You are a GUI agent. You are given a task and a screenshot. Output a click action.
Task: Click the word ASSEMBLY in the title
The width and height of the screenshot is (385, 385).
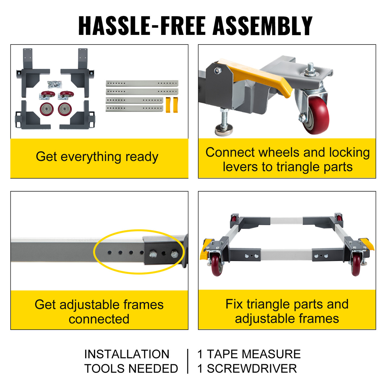coord(263,26)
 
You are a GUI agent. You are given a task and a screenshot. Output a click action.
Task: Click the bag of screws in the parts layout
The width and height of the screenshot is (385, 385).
coord(54,84)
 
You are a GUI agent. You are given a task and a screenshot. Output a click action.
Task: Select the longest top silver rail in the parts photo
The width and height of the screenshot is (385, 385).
coord(142,83)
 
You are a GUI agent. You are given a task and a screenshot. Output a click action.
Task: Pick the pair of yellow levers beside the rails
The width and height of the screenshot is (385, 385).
coord(172,105)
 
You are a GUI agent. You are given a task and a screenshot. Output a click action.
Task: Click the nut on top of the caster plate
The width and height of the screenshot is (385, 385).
coord(310,72)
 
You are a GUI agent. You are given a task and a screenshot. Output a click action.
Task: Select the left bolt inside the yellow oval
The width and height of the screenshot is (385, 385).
coord(152,255)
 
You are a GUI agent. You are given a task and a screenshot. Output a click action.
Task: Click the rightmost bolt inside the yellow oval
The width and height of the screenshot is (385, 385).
coord(174,254)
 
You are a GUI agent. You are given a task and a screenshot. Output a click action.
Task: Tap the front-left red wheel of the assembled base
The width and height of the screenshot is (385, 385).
coord(217,265)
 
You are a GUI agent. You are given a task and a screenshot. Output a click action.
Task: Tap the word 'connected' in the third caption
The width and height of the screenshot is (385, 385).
coord(99,319)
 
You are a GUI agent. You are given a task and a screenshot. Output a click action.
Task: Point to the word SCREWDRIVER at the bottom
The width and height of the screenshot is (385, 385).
coord(252,369)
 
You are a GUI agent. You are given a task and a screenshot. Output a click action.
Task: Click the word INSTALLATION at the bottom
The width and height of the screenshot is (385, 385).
coord(127,354)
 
